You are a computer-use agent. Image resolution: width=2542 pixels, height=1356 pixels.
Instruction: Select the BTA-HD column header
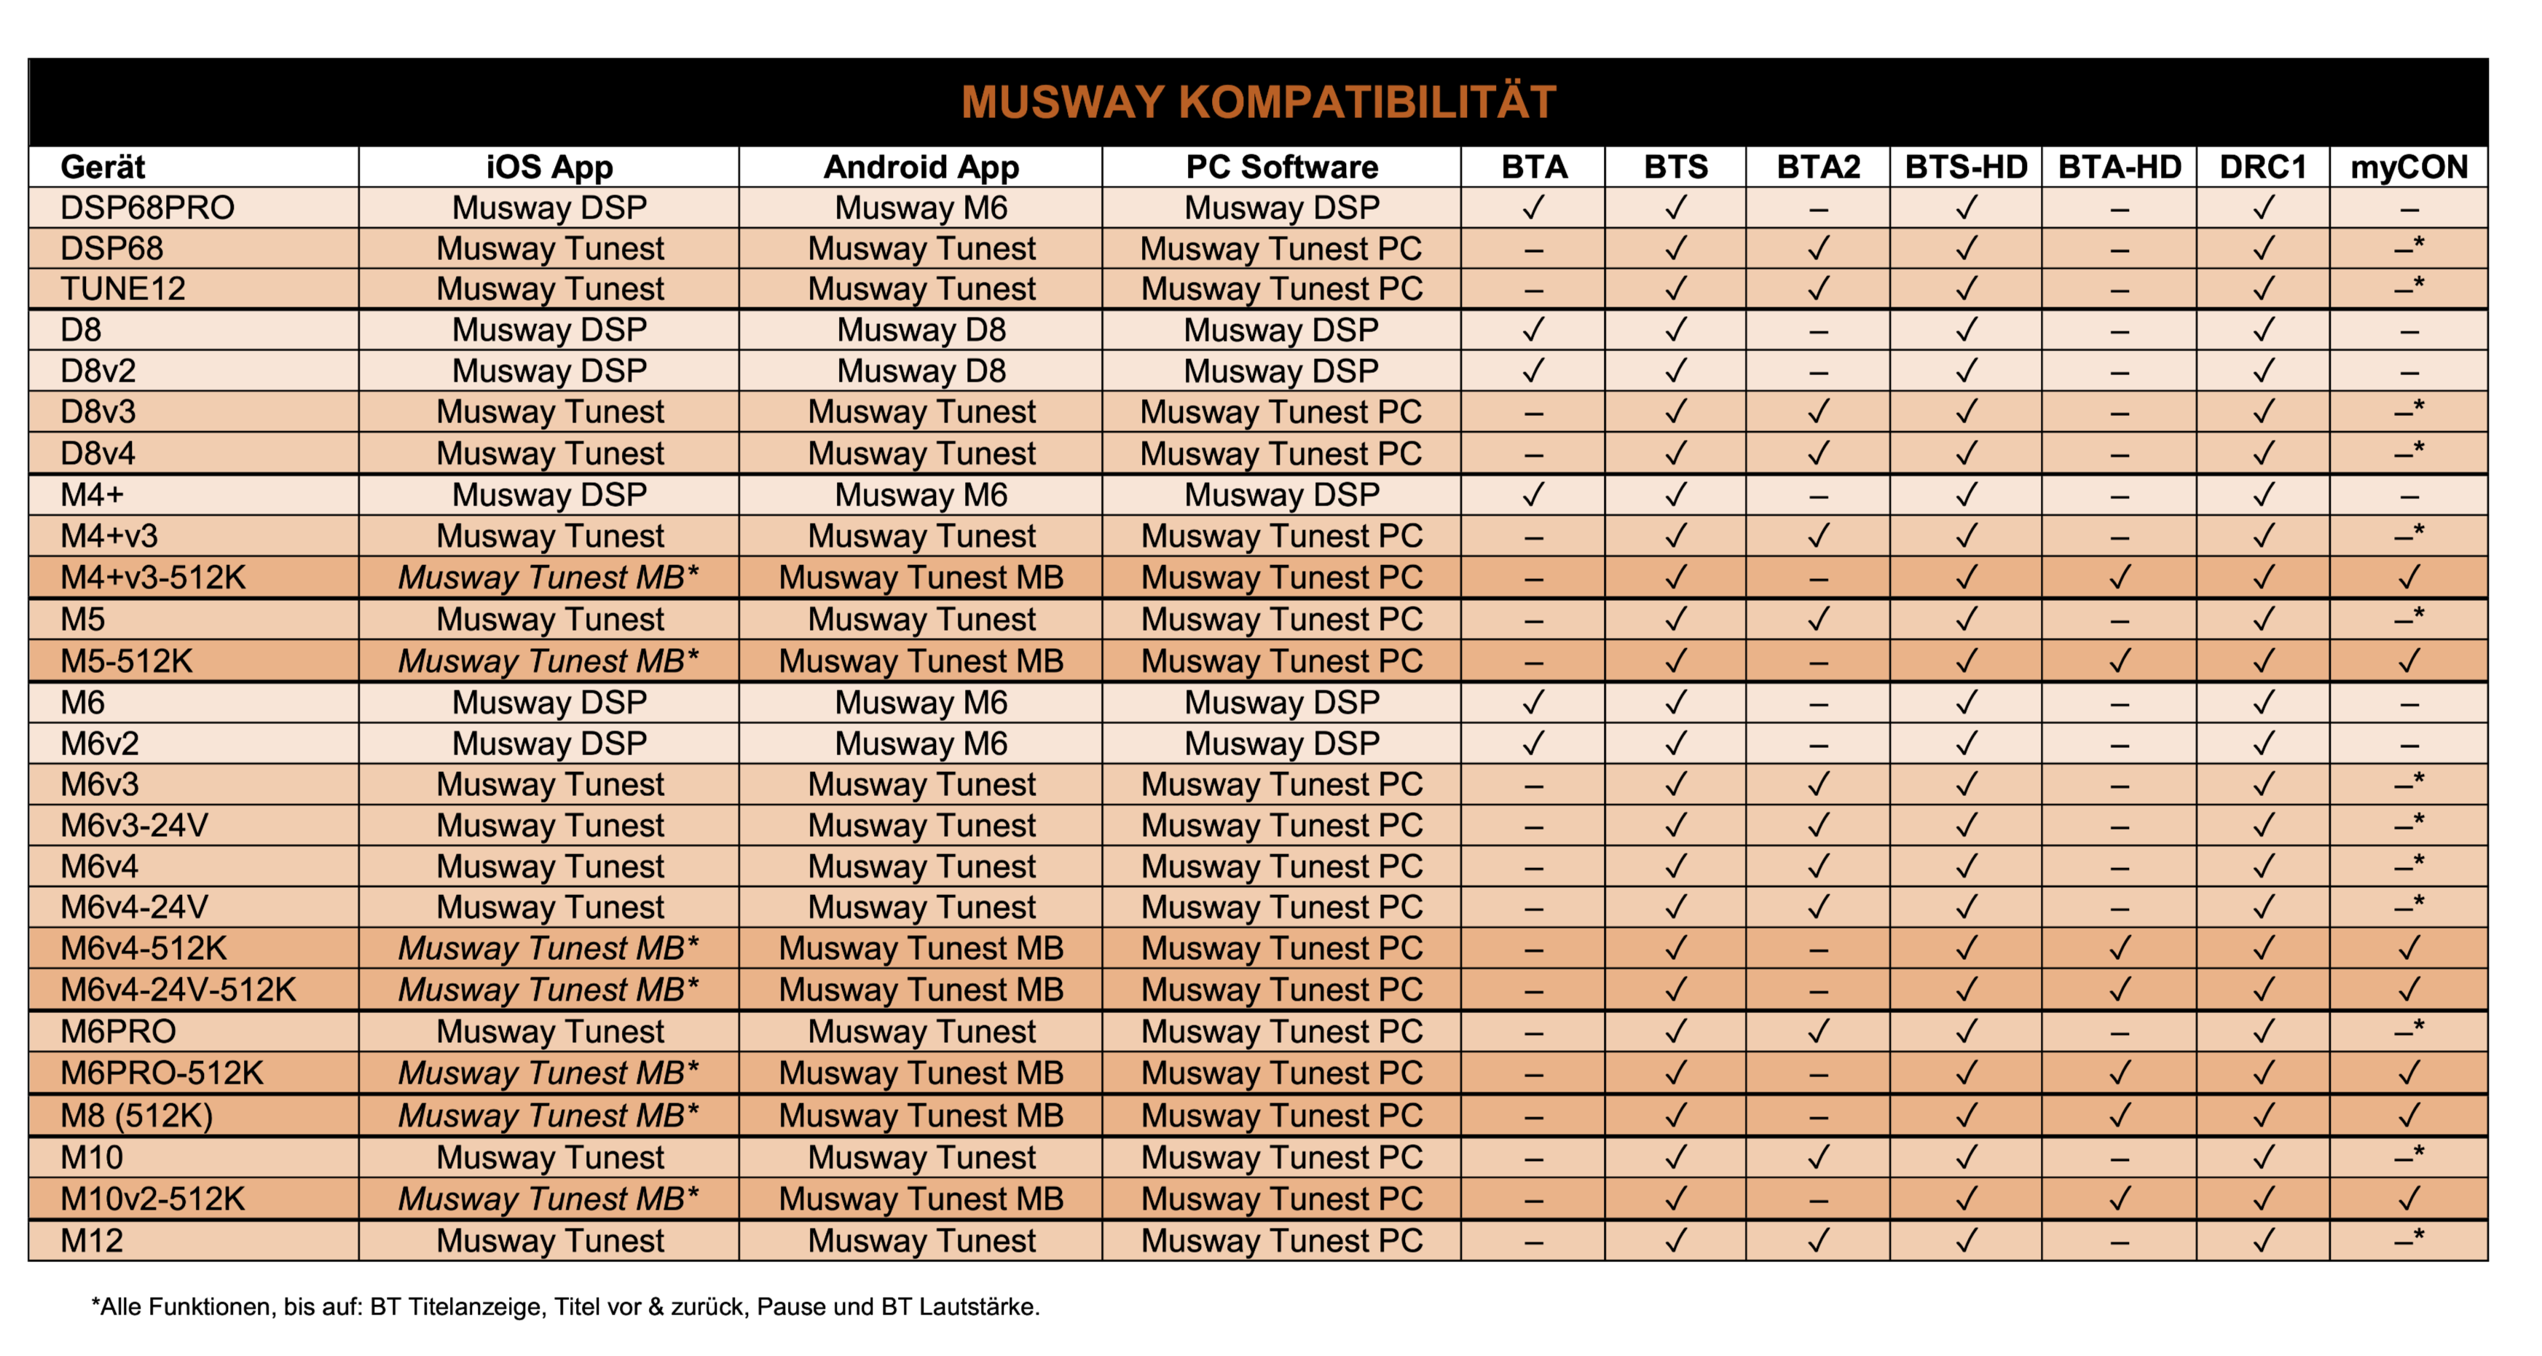point(2119,167)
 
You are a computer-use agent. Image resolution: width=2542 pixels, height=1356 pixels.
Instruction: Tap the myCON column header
point(2408,167)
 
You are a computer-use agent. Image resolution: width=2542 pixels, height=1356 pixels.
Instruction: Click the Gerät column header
point(103,167)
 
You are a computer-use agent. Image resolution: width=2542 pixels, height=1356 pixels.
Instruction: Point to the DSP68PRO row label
point(147,208)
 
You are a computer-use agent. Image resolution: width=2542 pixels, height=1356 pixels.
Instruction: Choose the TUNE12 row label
point(123,289)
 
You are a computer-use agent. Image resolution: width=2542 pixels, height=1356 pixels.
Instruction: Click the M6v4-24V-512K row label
point(178,990)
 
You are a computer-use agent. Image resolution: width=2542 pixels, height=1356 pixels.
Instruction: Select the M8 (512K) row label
point(136,1115)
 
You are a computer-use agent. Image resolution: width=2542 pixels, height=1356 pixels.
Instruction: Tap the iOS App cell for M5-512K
point(548,661)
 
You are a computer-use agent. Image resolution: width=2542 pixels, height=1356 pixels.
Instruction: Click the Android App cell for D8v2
point(921,371)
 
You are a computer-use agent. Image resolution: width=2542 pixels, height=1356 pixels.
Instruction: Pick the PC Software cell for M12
point(1281,1240)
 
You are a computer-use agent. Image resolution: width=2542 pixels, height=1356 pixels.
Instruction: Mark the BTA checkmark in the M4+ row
point(1532,494)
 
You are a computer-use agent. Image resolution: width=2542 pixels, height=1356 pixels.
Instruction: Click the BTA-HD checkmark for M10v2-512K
point(2119,1199)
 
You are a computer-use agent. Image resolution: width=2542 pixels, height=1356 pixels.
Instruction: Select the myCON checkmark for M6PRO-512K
point(2408,1073)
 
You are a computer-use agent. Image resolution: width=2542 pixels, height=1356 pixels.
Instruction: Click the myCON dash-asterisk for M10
point(2408,1156)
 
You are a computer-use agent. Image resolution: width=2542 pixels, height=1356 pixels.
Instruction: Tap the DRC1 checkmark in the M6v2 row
point(2263,743)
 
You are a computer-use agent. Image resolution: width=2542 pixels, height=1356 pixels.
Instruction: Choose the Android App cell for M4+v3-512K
point(921,578)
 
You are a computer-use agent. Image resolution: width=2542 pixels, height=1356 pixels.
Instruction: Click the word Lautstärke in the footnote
point(979,1306)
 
